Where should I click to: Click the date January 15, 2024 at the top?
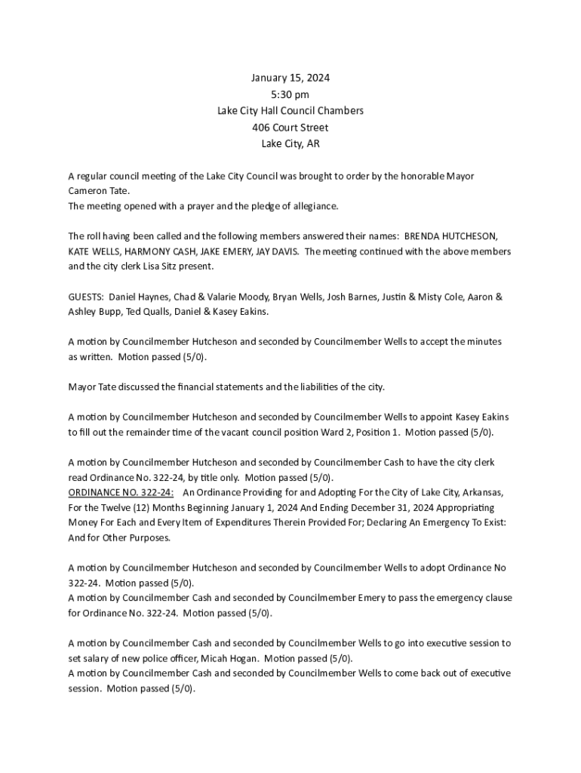click(x=290, y=78)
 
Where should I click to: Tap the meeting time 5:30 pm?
click(x=290, y=94)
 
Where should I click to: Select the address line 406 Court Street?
click(x=290, y=128)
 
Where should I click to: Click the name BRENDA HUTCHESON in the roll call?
click(x=450, y=236)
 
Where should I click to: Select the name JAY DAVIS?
click(x=280, y=251)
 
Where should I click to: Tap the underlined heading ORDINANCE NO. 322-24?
click(x=121, y=492)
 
